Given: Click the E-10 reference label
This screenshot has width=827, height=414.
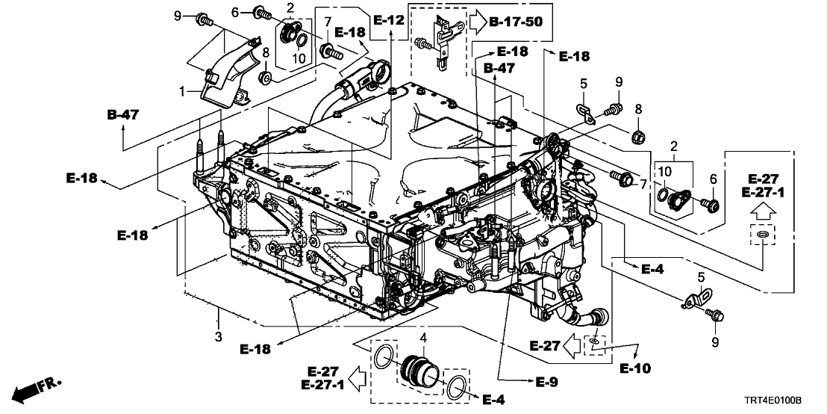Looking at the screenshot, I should click(636, 368).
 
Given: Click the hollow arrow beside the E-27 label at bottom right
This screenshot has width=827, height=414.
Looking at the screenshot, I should click(572, 345).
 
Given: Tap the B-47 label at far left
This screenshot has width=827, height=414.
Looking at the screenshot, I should click(122, 115).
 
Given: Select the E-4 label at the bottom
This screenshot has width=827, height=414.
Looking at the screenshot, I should click(494, 401).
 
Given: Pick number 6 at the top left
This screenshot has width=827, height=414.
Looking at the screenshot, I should click(235, 12).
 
